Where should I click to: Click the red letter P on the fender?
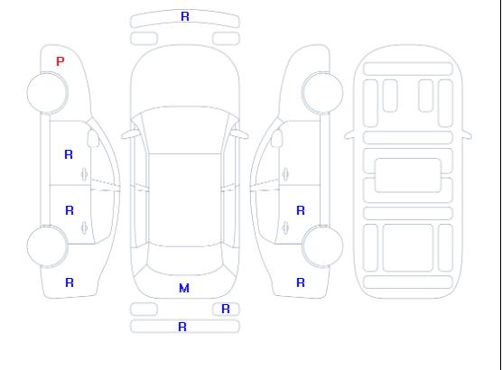tap(60, 61)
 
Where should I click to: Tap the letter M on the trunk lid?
tap(184, 288)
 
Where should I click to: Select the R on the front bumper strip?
tap(185, 16)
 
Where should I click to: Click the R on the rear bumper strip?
tap(182, 327)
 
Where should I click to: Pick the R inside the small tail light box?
tap(226, 309)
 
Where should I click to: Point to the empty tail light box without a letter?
tap(144, 310)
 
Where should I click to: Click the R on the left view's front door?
tap(69, 154)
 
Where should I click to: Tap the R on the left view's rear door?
tap(70, 210)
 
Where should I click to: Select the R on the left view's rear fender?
tap(70, 282)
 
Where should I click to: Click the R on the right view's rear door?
tap(301, 210)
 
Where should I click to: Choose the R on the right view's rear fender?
tap(301, 282)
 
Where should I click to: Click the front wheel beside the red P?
tap(47, 93)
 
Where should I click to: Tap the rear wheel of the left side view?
tap(47, 246)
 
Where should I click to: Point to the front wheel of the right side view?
tap(322, 93)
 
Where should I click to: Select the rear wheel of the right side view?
tap(322, 246)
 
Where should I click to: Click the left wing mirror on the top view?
tap(129, 134)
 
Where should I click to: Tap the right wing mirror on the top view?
tap(240, 134)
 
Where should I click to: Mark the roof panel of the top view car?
tap(185, 199)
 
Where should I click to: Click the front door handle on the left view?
tap(85, 174)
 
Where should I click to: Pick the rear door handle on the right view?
tap(285, 228)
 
